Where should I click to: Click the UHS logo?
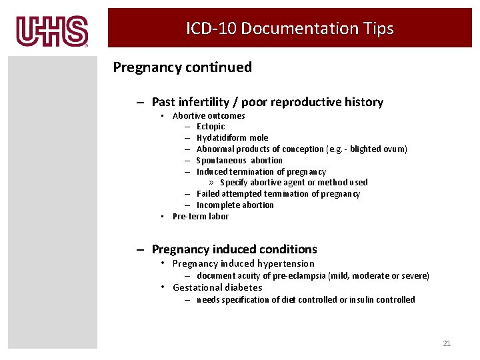pos(52,31)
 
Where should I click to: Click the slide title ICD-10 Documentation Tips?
pos(289,29)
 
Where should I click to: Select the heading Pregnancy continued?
pos(182,67)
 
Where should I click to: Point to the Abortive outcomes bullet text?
pos(209,116)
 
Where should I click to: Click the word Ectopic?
pos(211,127)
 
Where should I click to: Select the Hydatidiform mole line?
pos(232,138)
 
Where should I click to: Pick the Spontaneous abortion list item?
pos(239,161)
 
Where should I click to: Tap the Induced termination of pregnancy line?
pos(261,172)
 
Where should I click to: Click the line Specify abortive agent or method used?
pos(293,183)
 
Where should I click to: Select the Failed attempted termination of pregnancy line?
pos(278,194)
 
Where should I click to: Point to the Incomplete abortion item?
pos(235,205)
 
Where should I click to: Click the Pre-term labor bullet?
pos(200,217)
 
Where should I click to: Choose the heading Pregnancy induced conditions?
pos(234,249)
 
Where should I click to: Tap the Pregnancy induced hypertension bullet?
pos(243,264)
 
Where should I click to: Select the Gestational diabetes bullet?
pos(217,288)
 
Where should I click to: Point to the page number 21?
pos(447,343)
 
